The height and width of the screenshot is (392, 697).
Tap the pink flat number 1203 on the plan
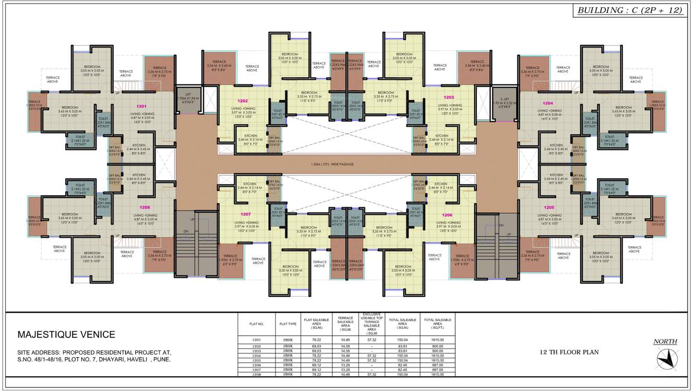(449, 97)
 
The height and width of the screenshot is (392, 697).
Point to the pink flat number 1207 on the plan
(246, 214)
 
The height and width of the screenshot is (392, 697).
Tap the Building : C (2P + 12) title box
(630, 10)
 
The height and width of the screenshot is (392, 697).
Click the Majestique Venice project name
(66, 335)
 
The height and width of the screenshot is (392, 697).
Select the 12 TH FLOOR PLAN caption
(569, 352)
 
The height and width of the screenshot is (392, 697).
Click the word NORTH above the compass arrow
(665, 342)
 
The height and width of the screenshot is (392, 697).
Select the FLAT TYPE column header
(287, 324)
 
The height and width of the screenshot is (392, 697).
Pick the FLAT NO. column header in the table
(257, 324)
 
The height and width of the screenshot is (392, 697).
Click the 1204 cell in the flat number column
(257, 356)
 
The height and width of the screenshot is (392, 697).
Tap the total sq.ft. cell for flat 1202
(437, 346)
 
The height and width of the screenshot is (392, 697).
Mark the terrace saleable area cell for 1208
(345, 374)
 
